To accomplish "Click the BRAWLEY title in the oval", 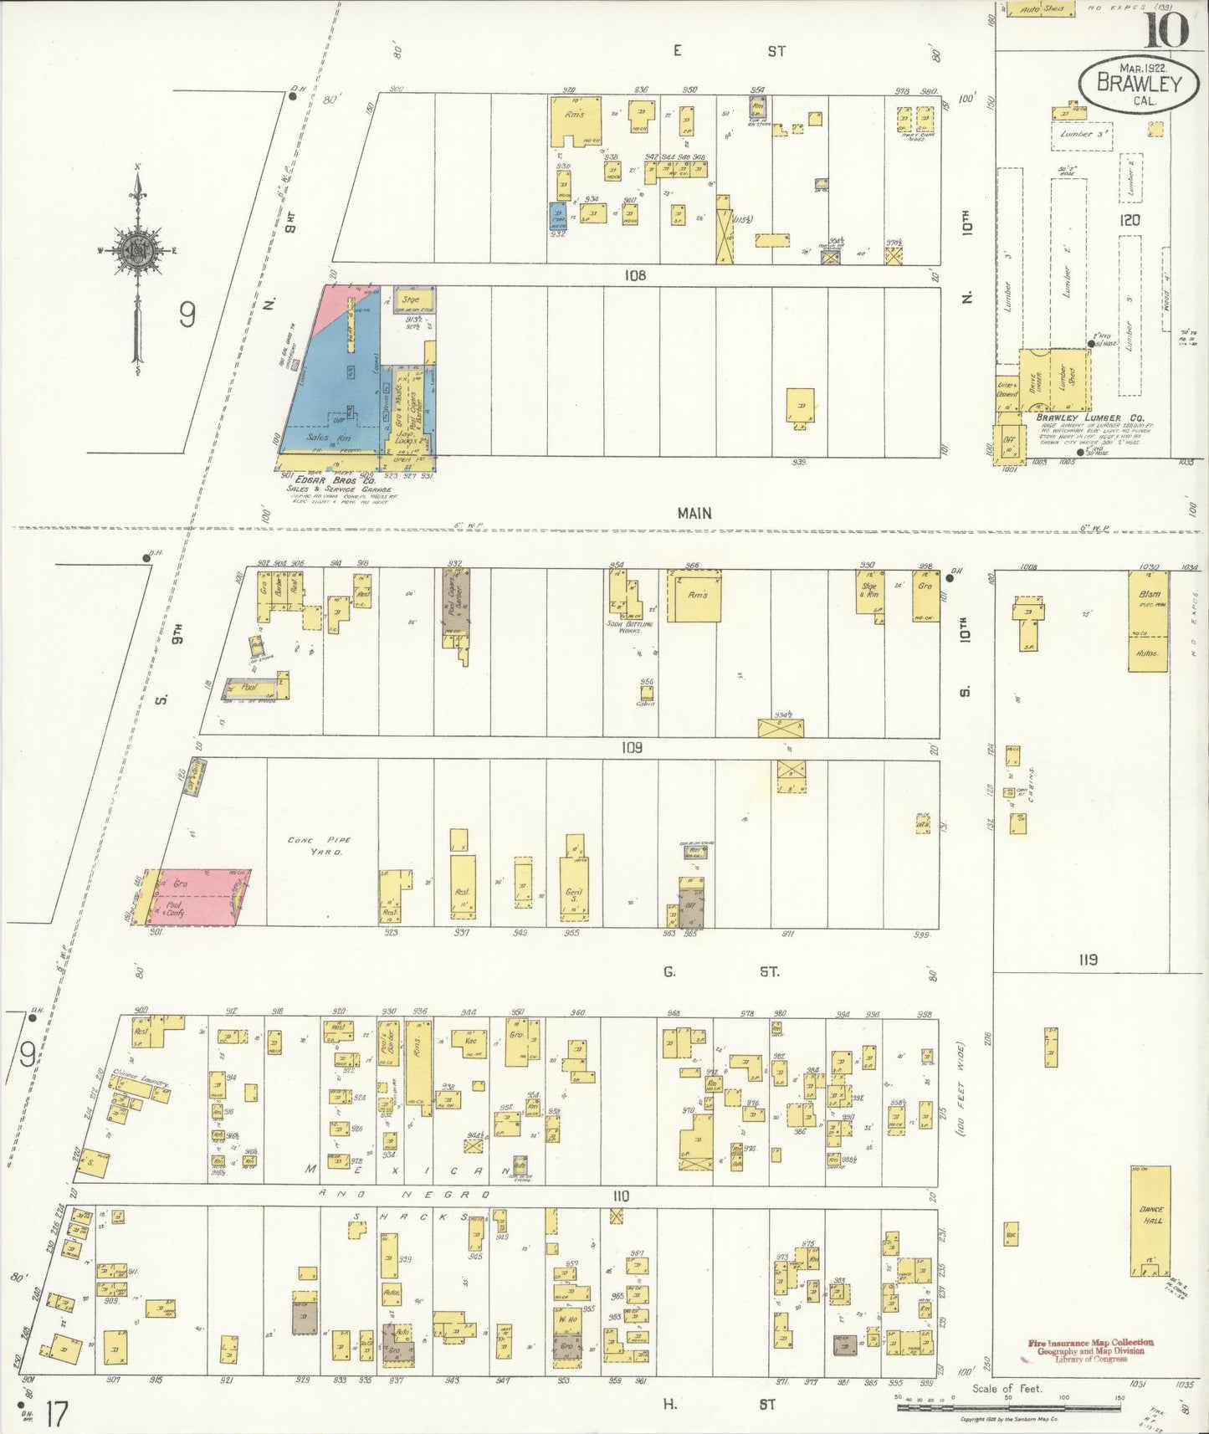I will [x=1139, y=83].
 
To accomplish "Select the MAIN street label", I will [x=694, y=514].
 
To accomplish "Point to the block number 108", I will [x=635, y=274].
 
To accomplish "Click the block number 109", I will [x=632, y=747].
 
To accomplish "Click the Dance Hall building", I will [x=1150, y=1221].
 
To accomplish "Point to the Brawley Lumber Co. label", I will [x=1078, y=417].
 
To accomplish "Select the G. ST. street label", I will [x=720, y=972].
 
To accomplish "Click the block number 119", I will [x=1087, y=960].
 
